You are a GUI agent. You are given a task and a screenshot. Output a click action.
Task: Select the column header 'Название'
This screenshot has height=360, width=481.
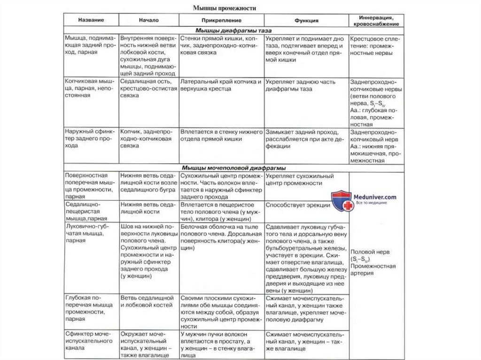(x=91, y=21)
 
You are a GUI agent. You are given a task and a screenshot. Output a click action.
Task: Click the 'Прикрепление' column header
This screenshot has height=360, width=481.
(x=221, y=21)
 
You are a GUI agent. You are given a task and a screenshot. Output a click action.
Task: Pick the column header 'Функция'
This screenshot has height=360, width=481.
(x=306, y=21)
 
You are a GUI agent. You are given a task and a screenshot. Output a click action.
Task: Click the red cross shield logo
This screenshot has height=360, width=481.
(x=341, y=200)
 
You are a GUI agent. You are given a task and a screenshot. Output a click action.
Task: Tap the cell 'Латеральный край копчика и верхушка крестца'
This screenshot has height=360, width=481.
(x=221, y=85)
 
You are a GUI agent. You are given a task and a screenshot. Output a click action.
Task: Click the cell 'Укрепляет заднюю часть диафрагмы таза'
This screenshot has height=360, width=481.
(x=301, y=85)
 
